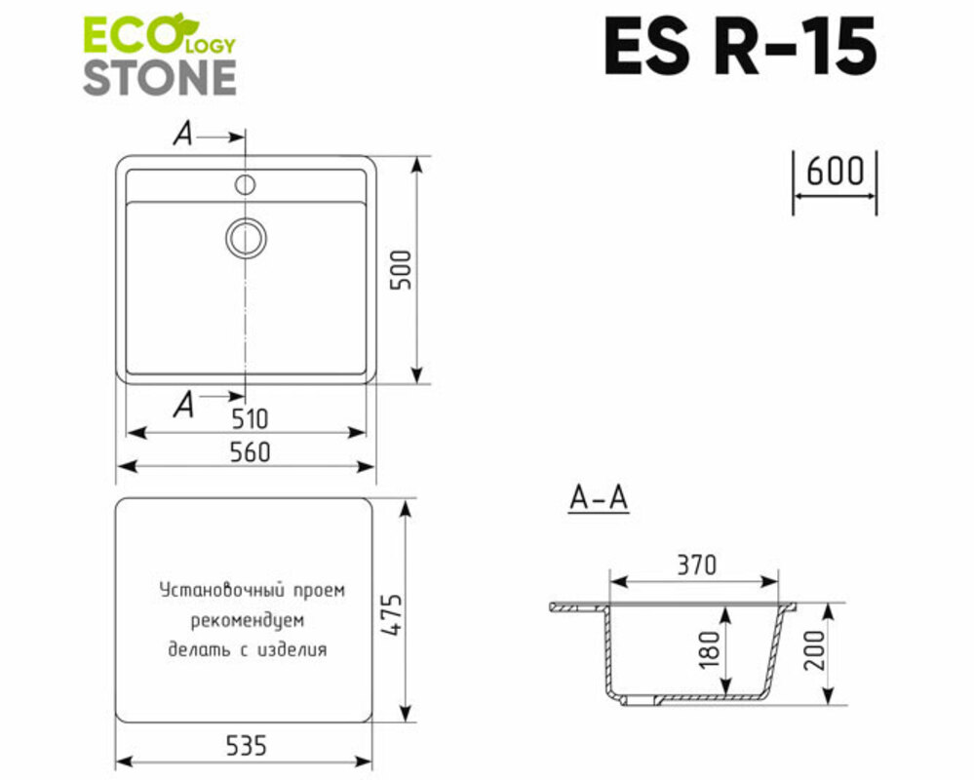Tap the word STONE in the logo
click(160, 78)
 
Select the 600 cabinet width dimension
click(835, 171)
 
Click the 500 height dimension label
click(403, 269)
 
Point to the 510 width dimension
click(250, 419)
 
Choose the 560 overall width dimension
click(250, 452)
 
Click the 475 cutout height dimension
click(392, 615)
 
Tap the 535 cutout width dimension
click(246, 745)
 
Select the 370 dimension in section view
click(696, 565)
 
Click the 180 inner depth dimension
click(708, 649)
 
